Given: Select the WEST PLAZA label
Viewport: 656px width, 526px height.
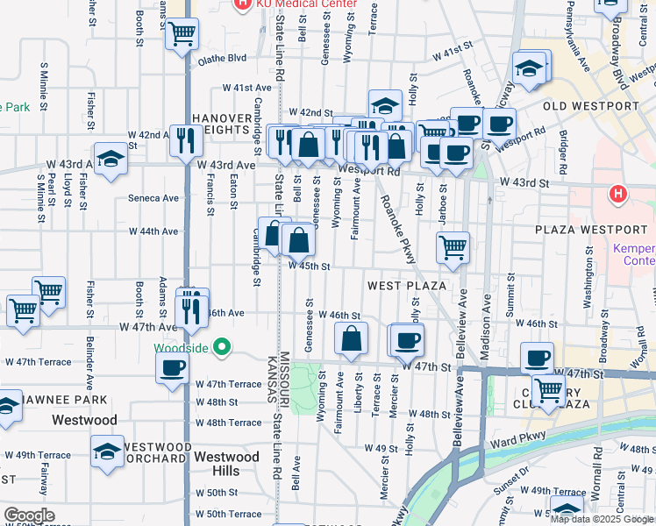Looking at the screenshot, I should (x=407, y=286).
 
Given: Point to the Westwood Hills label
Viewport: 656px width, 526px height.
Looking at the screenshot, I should (x=226, y=464).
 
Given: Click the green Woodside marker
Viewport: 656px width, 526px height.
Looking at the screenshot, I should (x=222, y=347).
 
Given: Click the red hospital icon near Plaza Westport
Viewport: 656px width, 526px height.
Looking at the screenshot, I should (x=618, y=192).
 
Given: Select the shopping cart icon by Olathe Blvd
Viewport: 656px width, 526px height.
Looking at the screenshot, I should (x=182, y=34).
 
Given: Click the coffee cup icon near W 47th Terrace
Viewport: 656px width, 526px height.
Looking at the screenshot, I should (x=173, y=366).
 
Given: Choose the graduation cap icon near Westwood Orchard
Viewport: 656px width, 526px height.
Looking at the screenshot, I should (x=108, y=451).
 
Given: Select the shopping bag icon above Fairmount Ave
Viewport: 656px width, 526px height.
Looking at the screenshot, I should (x=352, y=338).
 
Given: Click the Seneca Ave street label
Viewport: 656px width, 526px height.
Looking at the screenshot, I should (x=153, y=198).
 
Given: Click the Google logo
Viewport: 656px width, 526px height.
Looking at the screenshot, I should (x=29, y=515).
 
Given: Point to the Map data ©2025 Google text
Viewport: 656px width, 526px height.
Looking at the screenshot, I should (x=603, y=519).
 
